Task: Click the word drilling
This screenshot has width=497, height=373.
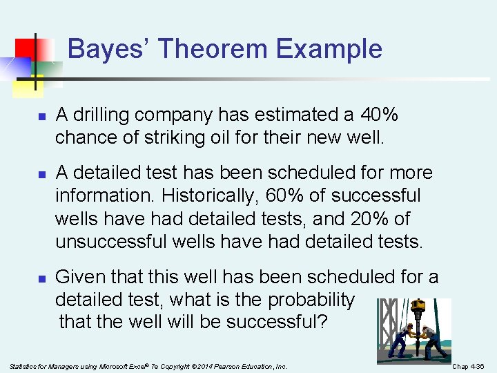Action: tap(102, 114)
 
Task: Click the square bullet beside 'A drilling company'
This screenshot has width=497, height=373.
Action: tap(41, 115)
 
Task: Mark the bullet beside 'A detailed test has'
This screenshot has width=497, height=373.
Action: tap(41, 174)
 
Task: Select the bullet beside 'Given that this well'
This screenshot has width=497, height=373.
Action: tap(41, 279)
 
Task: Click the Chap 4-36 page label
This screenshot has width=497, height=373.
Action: tap(469, 365)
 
